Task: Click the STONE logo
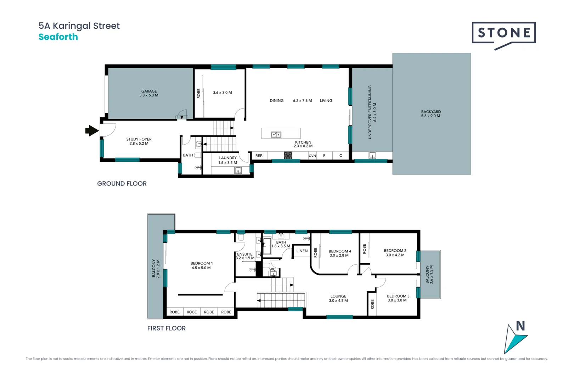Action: [x=503, y=33]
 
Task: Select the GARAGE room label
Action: [x=149, y=91]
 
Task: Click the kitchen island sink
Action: [x=276, y=134]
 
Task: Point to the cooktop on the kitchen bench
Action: [x=288, y=155]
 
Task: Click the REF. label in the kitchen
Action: [x=259, y=156]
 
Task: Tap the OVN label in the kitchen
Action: [x=312, y=156]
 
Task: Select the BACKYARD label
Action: [x=431, y=112]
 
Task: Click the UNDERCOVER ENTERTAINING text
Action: [x=370, y=112]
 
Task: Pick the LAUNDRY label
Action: [x=228, y=158]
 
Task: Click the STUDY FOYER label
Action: [x=139, y=139]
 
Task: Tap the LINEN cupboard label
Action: [x=302, y=251]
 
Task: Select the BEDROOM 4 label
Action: [x=340, y=251]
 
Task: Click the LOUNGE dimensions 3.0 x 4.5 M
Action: [x=338, y=301]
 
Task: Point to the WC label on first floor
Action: [x=272, y=269]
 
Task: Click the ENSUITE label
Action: [x=245, y=254]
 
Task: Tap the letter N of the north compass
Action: [x=520, y=326]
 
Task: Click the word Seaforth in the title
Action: [x=58, y=37]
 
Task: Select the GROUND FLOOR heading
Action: [x=122, y=183]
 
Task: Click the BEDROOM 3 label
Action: [x=398, y=296]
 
